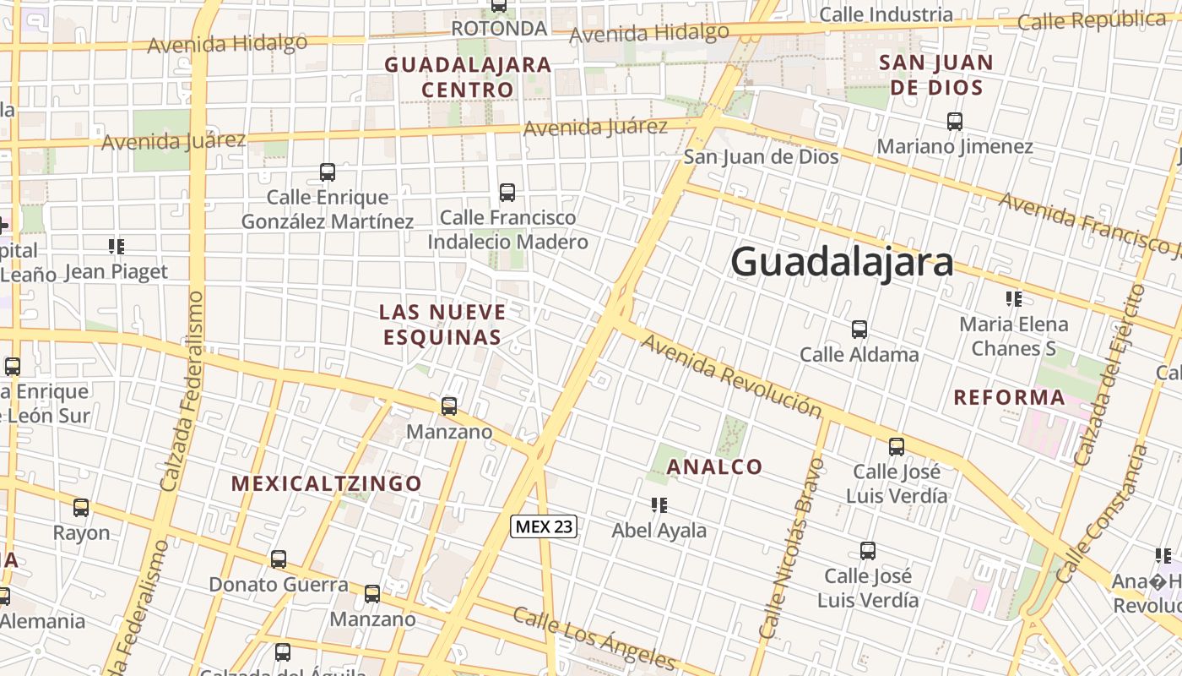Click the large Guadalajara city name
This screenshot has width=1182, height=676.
tap(842, 262)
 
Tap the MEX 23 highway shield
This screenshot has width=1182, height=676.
tap(544, 526)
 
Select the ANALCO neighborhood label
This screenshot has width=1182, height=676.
tap(714, 466)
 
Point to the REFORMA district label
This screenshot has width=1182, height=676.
tap(1009, 397)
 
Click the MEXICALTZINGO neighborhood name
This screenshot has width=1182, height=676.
tap(327, 483)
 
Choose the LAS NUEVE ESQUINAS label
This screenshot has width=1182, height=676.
tap(442, 324)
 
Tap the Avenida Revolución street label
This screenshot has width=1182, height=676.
tap(731, 375)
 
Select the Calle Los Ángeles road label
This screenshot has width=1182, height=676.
tap(594, 638)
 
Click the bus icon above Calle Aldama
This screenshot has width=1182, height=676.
tap(859, 329)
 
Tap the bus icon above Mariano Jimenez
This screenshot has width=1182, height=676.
tap(955, 121)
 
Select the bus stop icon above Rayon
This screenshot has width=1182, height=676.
tap(81, 508)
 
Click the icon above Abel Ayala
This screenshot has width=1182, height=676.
tap(659, 505)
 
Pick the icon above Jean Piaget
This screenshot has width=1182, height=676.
tap(117, 247)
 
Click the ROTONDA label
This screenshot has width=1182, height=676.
tap(499, 28)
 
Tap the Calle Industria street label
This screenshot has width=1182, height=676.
tap(886, 14)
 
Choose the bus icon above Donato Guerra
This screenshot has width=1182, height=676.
tap(279, 559)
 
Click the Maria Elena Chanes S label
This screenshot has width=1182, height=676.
tap(1013, 335)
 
